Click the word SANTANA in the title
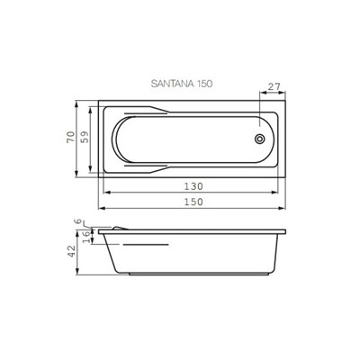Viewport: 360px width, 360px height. click(x=173, y=84)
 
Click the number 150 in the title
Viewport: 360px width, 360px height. click(x=204, y=84)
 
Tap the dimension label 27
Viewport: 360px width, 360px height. click(x=274, y=86)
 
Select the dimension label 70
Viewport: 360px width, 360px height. click(x=70, y=137)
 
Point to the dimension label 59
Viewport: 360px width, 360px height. click(x=85, y=137)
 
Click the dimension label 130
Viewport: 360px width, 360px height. click(x=193, y=186)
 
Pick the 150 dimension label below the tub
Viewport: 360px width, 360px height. click(x=193, y=202)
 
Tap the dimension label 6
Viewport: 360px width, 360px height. click(x=78, y=221)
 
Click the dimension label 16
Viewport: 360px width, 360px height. click(x=86, y=237)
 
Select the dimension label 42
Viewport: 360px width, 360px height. click(x=71, y=251)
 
